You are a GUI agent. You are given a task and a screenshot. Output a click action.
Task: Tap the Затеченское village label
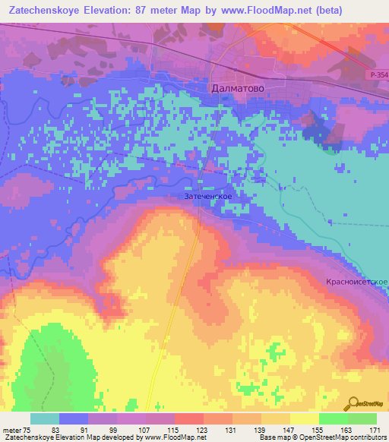[208, 196]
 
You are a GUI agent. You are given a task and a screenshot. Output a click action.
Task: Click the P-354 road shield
[372, 75]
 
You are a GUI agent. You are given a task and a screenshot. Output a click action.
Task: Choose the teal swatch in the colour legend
[45, 418]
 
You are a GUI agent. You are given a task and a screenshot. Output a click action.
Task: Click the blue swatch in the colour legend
[74, 418]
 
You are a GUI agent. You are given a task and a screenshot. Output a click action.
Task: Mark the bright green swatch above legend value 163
[333, 418]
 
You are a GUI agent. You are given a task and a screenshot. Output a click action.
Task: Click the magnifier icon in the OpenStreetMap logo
[353, 403]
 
